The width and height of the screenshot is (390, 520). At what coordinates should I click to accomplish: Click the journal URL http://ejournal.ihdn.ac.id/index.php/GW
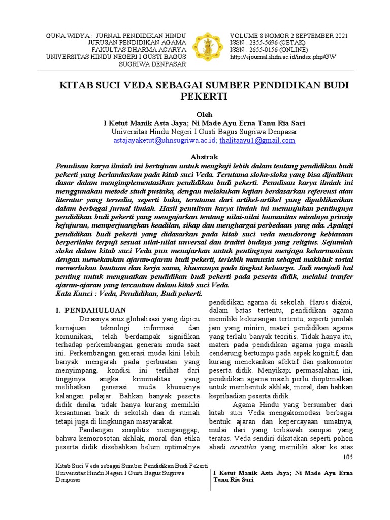click(x=283, y=57)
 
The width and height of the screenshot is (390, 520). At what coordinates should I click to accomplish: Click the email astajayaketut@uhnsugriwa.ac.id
click(x=166, y=141)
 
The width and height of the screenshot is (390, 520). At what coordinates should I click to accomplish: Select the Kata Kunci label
click(x=73, y=293)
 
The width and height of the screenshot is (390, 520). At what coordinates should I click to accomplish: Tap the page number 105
click(x=348, y=457)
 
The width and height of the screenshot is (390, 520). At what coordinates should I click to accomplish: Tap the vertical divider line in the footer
click(x=210, y=478)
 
